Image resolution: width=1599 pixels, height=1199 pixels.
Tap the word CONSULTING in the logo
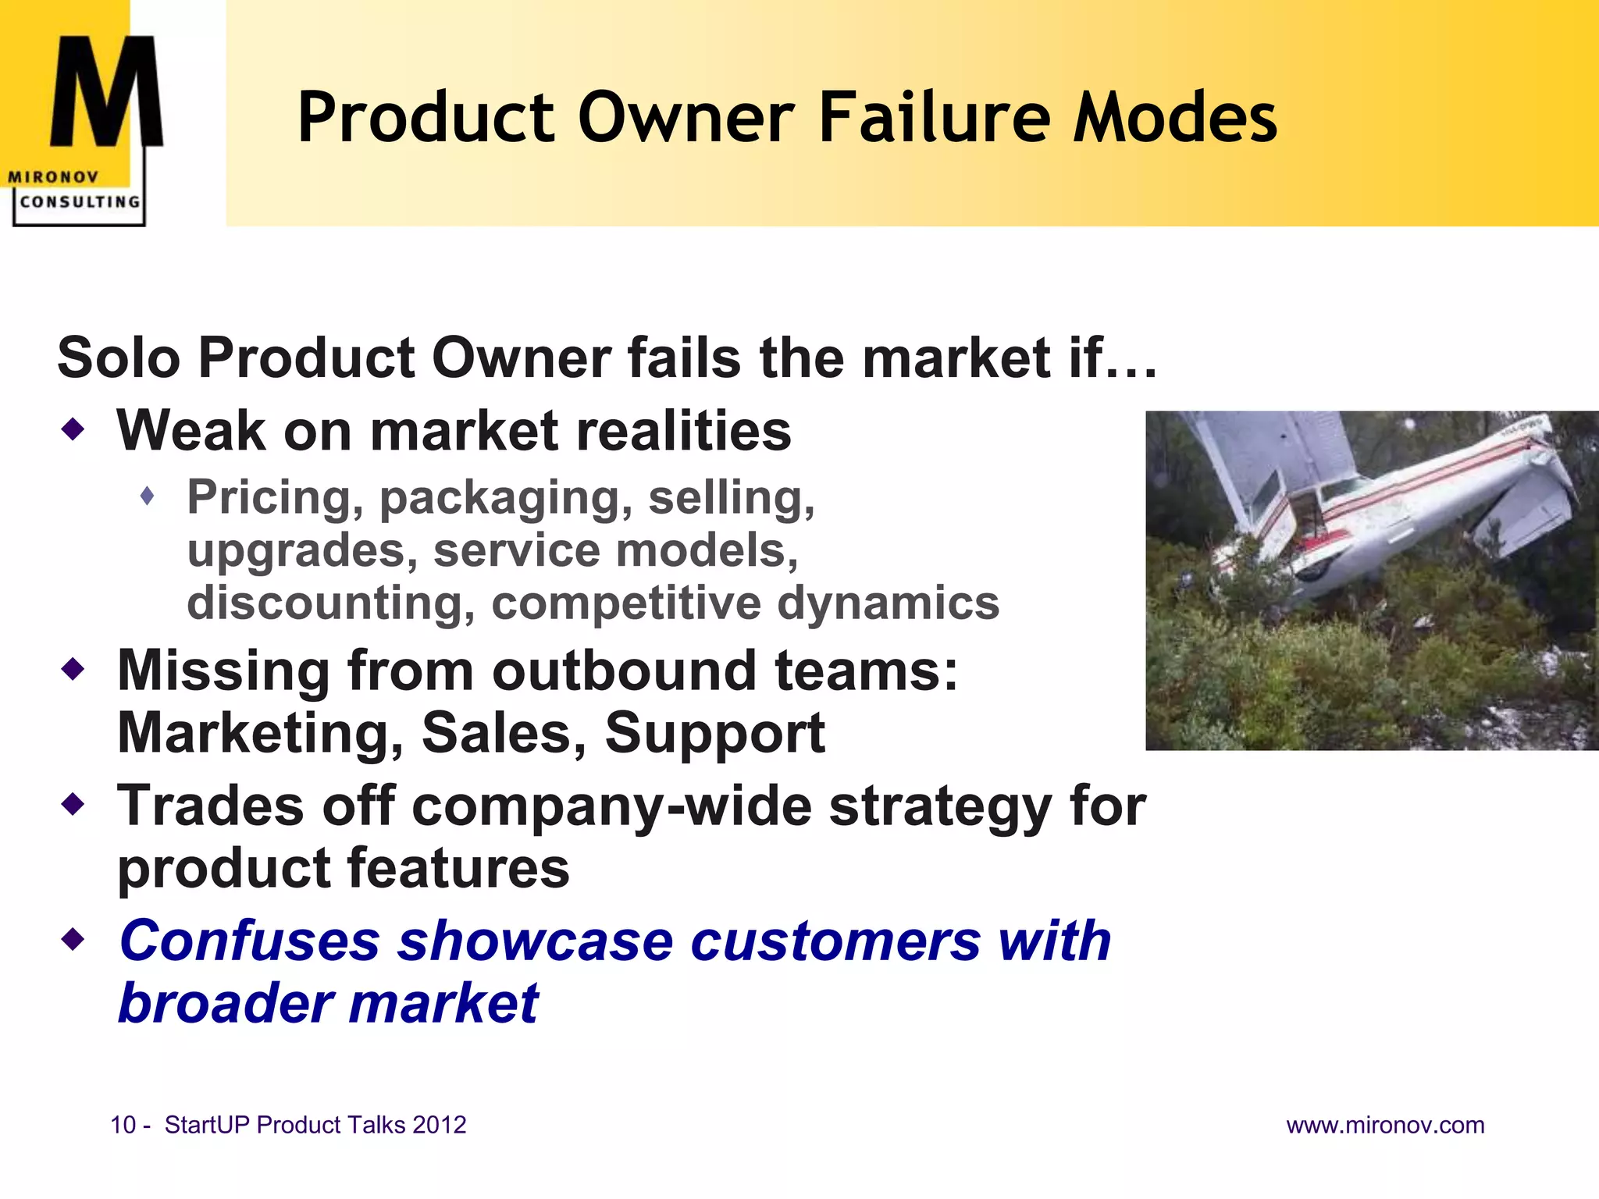[80, 201]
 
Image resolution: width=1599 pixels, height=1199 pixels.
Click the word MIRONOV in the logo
[53, 177]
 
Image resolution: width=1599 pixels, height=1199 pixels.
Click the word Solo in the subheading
[118, 358]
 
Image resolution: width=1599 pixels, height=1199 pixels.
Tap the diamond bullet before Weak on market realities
[73, 429]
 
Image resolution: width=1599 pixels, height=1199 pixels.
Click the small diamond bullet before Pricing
[148, 496]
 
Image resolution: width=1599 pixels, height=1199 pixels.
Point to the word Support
[714, 733]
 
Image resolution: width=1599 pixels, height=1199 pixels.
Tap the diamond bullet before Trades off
[73, 804]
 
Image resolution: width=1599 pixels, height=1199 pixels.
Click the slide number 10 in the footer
[123, 1125]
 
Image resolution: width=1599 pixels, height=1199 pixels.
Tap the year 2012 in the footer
[439, 1125]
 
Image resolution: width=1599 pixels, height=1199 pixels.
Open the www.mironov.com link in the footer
[1385, 1125]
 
